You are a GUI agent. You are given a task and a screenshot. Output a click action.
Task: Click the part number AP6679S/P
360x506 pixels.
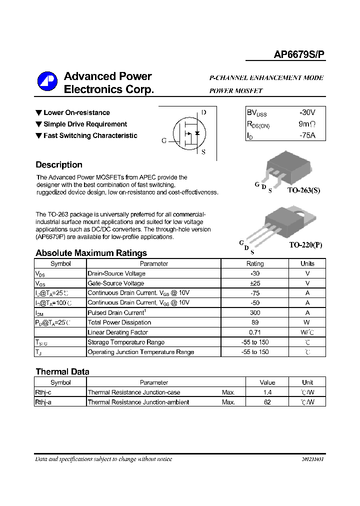(x=299, y=55)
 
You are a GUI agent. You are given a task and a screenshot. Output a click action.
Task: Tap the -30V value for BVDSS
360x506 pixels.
(x=307, y=112)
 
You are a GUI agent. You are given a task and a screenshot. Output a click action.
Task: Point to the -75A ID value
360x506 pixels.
(x=307, y=135)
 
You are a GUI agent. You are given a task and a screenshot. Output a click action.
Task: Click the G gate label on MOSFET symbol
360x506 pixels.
(x=163, y=141)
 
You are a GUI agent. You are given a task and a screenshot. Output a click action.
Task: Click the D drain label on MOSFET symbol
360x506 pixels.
(x=203, y=112)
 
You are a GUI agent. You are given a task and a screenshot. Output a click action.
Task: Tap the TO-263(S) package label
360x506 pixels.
(x=303, y=191)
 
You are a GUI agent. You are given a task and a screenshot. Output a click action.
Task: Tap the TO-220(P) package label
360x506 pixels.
(x=305, y=245)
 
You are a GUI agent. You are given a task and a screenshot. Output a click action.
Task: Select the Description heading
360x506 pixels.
(x=59, y=165)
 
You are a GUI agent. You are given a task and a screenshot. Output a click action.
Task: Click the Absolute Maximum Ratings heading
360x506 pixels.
(x=91, y=253)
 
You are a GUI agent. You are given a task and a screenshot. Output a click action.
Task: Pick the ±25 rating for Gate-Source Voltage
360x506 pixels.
(x=255, y=283)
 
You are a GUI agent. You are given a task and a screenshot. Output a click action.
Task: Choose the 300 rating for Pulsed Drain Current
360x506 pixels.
(x=255, y=313)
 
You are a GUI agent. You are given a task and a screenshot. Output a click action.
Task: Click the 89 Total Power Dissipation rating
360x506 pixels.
(x=255, y=322)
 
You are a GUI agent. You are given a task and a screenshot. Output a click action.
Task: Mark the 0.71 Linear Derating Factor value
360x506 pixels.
(x=255, y=332)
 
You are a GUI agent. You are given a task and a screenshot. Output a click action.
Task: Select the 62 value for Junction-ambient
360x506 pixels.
(x=267, y=402)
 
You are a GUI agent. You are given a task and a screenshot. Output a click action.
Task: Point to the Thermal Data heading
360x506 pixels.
(x=62, y=371)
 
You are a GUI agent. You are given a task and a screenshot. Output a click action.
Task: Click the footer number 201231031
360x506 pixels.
(x=312, y=459)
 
